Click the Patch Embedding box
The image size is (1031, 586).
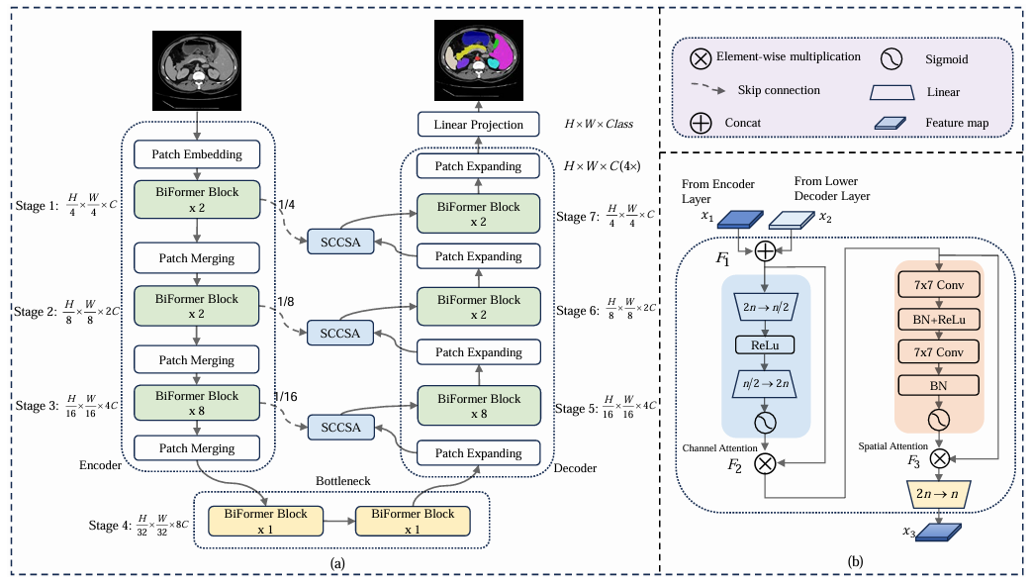(197, 154)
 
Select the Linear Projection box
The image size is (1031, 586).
(479, 125)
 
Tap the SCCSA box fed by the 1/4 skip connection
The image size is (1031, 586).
(340, 243)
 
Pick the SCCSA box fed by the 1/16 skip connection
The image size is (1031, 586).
(340, 428)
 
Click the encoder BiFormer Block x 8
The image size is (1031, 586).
(197, 403)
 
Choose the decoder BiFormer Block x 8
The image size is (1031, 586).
(479, 406)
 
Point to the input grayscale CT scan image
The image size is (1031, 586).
(197, 70)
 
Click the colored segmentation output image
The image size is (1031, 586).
(479, 59)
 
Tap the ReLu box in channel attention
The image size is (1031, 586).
(765, 345)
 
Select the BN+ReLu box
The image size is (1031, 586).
(939, 320)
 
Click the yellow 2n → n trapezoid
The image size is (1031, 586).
(937, 494)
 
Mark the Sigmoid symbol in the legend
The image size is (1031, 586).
(891, 59)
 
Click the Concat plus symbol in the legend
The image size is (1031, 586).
(701, 123)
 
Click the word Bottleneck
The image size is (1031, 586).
(342, 481)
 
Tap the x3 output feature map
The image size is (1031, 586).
(939, 533)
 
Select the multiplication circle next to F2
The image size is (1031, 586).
(765, 463)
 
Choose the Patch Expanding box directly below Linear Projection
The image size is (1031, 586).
(478, 166)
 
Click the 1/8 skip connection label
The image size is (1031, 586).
(285, 301)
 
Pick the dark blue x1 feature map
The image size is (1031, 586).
(740, 219)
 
